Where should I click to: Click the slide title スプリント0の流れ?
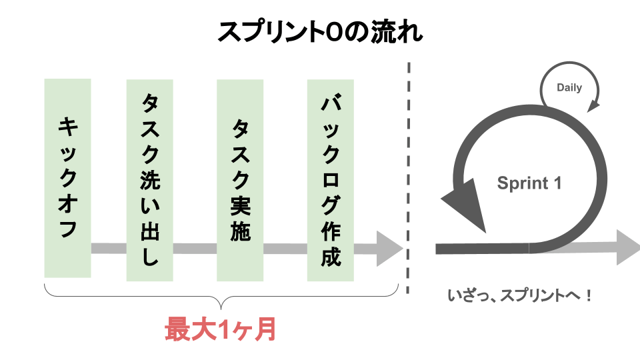[320, 31]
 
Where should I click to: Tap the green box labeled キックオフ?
[67, 177]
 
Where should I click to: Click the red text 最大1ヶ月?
[220, 329]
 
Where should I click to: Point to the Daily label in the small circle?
[569, 87]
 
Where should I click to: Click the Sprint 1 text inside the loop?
[529, 183]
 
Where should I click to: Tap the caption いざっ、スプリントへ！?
[520, 294]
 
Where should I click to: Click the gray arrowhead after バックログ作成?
[390, 249]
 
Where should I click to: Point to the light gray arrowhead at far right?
[627, 247]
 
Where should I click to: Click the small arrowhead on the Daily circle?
[594, 105]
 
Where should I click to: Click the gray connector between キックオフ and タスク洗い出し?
[108, 249]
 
